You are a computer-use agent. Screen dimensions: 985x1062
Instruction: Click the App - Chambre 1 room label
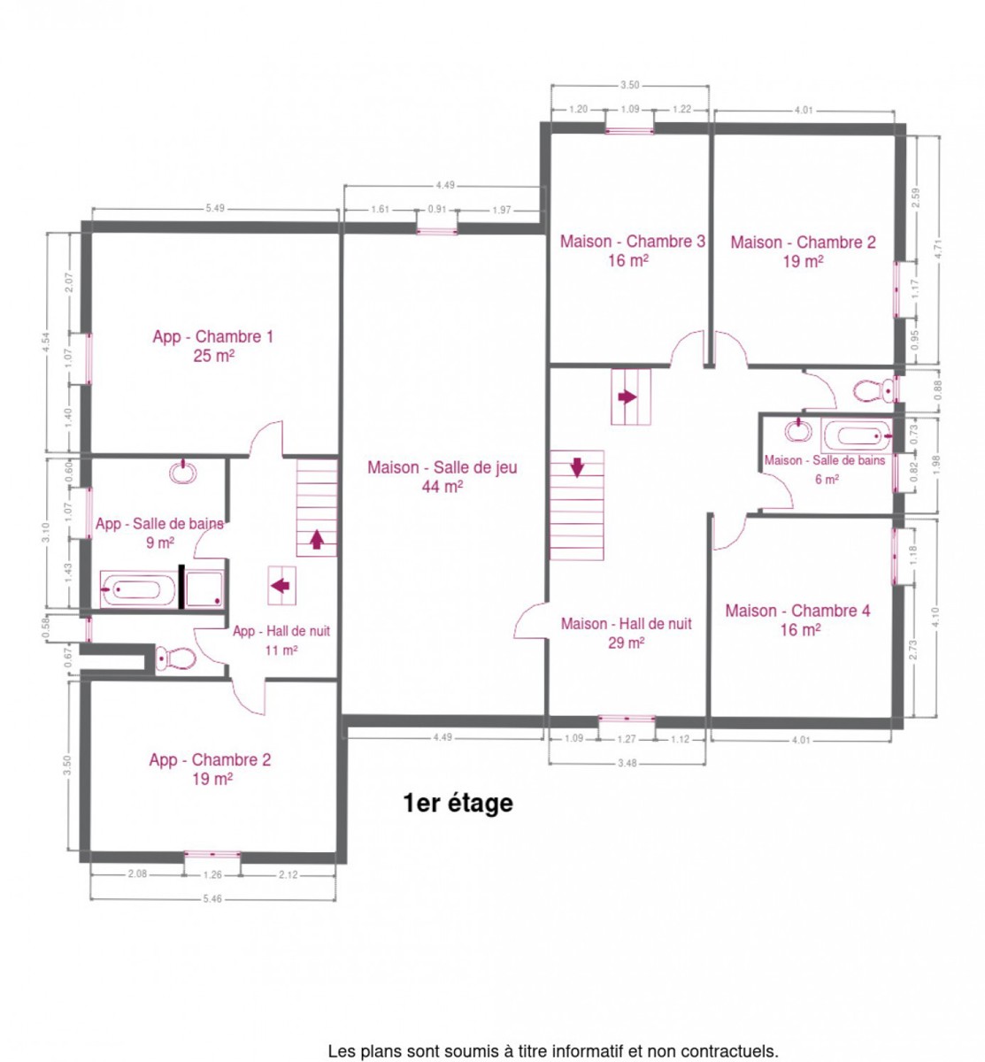point(212,345)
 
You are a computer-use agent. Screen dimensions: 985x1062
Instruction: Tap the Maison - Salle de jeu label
point(442,476)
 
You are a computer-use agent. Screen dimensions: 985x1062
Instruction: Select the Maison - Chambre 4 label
point(797,620)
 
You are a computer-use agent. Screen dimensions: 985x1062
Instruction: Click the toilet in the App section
point(175,658)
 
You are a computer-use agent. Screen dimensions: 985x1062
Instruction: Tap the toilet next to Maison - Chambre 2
point(873,391)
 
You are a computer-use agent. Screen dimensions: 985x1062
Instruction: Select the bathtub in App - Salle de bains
point(138,589)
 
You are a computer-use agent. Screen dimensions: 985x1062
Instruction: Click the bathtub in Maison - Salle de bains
point(857,436)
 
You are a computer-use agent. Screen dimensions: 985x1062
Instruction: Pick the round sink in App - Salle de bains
point(183,473)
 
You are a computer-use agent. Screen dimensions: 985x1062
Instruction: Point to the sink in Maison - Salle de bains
point(798,430)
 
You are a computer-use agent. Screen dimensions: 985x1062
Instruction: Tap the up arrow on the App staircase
point(317,539)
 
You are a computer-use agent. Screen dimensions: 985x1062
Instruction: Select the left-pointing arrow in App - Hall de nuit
point(281,586)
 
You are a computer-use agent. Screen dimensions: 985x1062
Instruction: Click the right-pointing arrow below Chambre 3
point(627,396)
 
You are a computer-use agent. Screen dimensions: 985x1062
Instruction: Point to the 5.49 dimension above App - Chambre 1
point(215,208)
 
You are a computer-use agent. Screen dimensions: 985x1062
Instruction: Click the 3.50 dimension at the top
point(629,85)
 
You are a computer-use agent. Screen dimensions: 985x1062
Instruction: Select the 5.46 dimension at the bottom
point(212,899)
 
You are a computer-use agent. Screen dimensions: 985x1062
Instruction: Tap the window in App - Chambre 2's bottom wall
point(212,854)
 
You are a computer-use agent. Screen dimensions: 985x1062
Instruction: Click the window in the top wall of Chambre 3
point(629,129)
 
